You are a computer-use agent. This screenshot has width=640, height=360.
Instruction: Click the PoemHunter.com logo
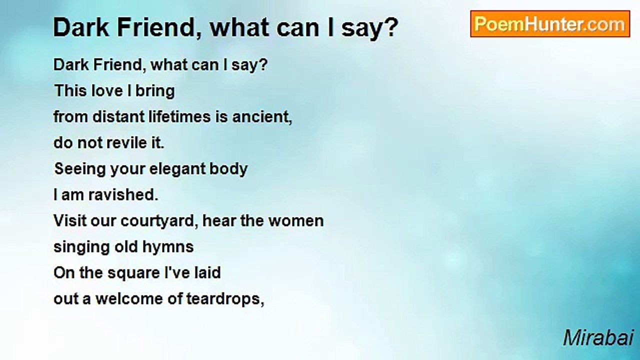pos(550,24)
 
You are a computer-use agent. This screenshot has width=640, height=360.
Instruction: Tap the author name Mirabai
pos(598,338)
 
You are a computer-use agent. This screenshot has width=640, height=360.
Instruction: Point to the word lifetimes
pos(179,116)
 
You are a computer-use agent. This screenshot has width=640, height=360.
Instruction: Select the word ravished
pos(123,194)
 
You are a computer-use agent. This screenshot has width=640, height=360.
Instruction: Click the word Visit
pos(70,220)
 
